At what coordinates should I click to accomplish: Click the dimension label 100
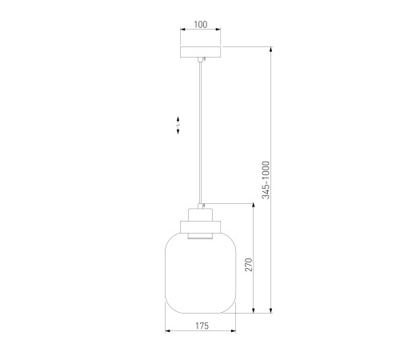[201, 25]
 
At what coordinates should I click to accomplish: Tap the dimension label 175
[202, 326]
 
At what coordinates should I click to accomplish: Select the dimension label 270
[249, 265]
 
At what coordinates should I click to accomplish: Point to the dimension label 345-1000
[266, 180]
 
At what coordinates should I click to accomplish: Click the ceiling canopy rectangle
[201, 52]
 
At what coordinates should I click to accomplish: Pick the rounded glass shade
[201, 273]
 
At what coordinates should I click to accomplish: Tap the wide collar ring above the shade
[201, 226]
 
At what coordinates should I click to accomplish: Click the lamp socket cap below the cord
[201, 214]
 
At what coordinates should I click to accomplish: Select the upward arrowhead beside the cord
[178, 119]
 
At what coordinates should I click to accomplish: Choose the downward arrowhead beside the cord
[178, 131]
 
